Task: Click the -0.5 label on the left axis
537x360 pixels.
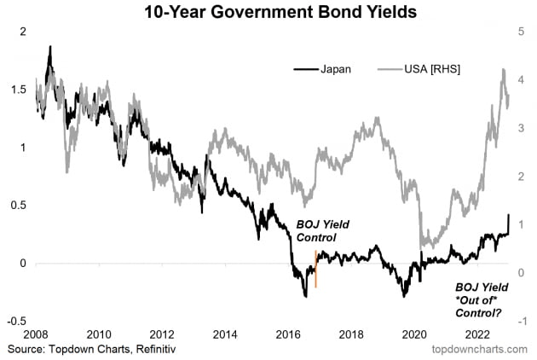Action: tap(16, 321)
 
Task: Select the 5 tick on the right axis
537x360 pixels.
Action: tap(520, 31)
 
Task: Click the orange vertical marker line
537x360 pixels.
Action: tap(315, 270)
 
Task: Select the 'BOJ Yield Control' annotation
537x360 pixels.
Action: tap(323, 230)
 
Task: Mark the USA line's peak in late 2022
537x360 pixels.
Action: tap(504, 71)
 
